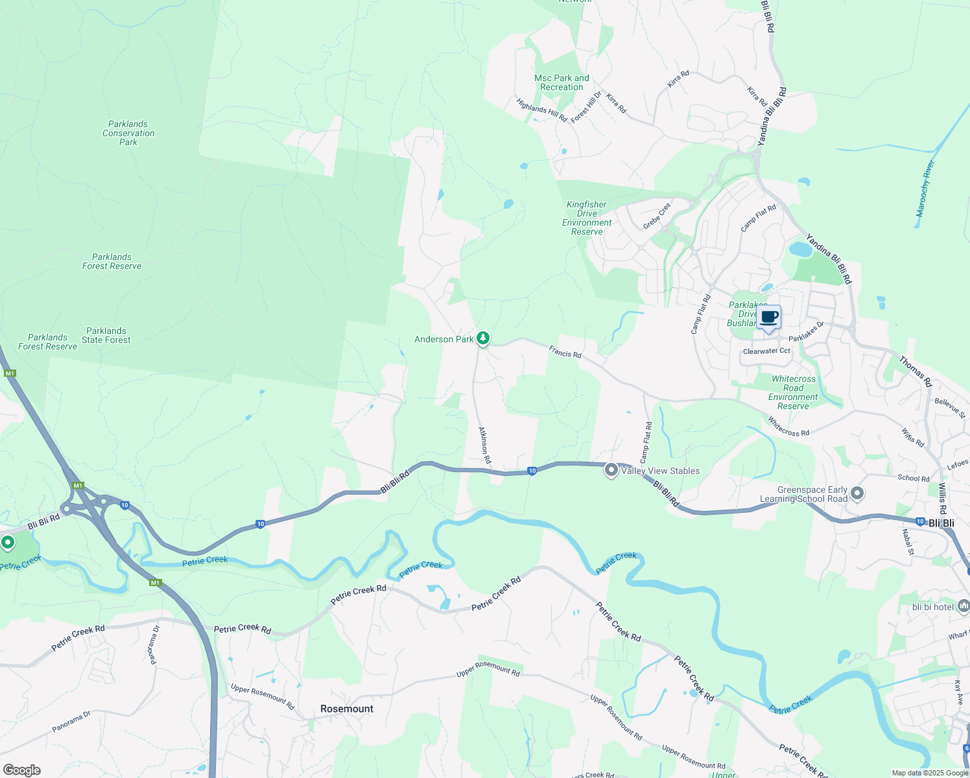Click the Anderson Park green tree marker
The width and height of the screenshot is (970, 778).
(482, 338)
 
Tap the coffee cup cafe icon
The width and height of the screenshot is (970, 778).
(769, 317)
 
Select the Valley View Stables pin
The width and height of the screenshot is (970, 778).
(611, 471)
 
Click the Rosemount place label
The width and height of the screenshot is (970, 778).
(347, 709)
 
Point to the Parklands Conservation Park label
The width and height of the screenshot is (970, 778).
(128, 133)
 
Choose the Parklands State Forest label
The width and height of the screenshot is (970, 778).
(106, 335)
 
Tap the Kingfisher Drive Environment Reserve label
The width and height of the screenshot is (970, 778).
(587, 218)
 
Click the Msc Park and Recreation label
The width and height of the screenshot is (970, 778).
(562, 82)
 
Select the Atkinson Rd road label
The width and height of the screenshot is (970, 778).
(484, 445)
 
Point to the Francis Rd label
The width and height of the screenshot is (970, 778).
(565, 352)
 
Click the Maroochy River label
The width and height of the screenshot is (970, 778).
(925, 189)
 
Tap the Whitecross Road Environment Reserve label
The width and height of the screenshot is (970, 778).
(793, 392)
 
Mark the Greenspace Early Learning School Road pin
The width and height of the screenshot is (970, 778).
(857, 494)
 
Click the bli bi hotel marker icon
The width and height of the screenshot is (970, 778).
(963, 606)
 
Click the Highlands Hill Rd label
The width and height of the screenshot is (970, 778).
(541, 110)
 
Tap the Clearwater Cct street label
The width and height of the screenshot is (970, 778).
(766, 351)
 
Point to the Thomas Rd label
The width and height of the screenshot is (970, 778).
(914, 371)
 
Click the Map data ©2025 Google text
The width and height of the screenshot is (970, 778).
(930, 773)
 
